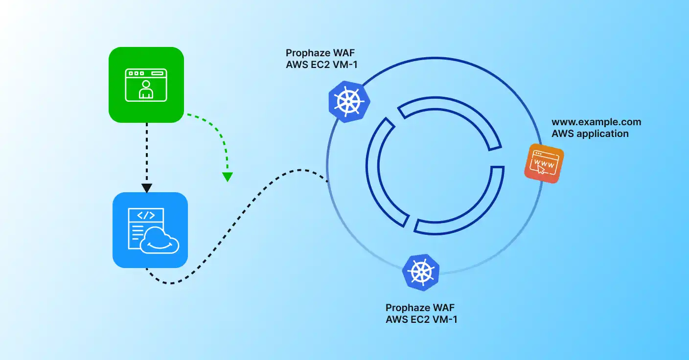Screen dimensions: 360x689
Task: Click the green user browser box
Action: (146, 84)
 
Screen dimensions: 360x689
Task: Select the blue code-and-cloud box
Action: (150, 230)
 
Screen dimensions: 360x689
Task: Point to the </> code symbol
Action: (146, 215)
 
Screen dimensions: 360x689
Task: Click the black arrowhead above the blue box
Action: (146, 188)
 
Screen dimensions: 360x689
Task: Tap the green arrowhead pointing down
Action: (227, 177)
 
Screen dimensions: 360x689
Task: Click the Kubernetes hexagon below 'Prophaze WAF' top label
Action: (348, 102)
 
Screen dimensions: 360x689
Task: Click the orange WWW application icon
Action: (544, 164)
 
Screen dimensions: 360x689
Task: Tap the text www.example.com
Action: (596, 122)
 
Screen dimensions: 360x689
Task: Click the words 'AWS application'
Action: (590, 134)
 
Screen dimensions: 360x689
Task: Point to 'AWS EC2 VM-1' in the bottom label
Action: (422, 319)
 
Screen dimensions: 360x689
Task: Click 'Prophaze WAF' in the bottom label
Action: (420, 308)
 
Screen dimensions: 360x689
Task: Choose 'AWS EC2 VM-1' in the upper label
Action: (322, 64)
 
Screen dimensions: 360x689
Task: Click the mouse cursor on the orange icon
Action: (541, 169)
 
